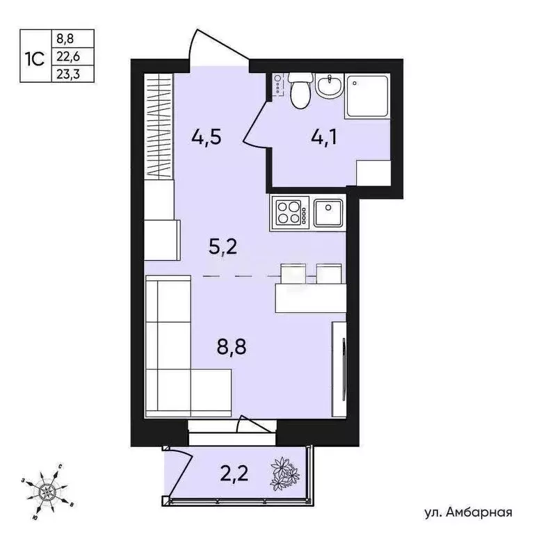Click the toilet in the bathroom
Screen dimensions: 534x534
pos(300,92)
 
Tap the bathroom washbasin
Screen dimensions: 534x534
pos(327,88)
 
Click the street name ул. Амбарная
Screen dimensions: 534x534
pos(468,513)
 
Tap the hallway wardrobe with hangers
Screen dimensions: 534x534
pos(159,127)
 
